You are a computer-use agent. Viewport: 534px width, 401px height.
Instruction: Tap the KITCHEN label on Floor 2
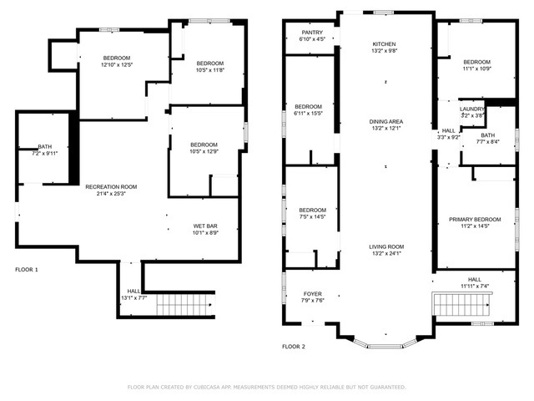tap(385, 43)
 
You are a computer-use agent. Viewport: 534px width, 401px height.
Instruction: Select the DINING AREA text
tap(385, 121)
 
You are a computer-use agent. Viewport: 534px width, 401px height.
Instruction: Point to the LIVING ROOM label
tap(386, 246)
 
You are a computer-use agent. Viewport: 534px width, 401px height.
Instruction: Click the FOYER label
tap(312, 294)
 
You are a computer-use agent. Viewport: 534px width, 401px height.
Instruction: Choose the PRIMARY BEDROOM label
tap(475, 220)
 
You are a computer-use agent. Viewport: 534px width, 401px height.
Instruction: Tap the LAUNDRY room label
tap(472, 109)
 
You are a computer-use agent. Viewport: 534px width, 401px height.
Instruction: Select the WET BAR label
tap(205, 226)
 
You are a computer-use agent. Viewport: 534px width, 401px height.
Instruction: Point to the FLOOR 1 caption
tap(27, 270)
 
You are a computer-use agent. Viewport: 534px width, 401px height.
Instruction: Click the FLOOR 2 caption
tap(294, 346)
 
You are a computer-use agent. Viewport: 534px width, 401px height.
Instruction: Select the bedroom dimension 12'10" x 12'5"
tap(118, 64)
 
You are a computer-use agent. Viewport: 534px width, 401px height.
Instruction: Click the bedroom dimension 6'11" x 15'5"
tap(309, 114)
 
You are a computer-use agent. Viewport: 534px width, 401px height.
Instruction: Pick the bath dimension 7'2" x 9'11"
tap(44, 154)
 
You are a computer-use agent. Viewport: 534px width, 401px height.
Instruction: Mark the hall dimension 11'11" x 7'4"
tap(474, 287)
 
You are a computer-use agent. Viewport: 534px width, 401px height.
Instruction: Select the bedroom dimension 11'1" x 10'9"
tap(476, 69)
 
